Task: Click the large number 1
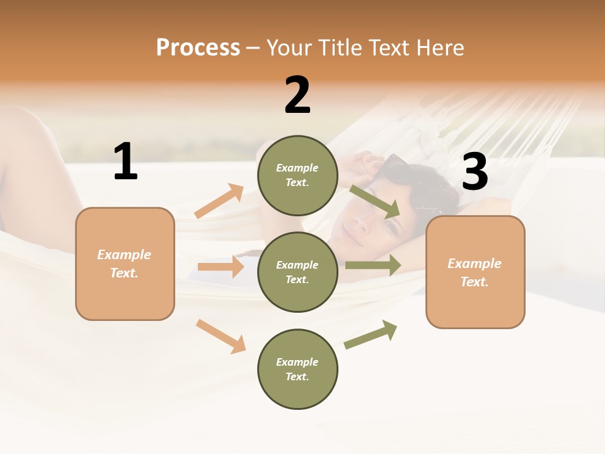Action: [x=125, y=161]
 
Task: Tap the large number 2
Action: [x=297, y=95]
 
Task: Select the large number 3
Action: [x=475, y=172]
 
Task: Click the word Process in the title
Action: [x=198, y=47]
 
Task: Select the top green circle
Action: [x=297, y=175]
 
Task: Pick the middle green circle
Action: [x=297, y=272]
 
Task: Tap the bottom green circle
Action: [x=297, y=369]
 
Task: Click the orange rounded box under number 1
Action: [x=125, y=264]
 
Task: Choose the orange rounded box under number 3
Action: [x=475, y=272]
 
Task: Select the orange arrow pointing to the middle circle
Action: [x=221, y=267]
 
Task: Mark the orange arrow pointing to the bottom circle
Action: [x=221, y=336]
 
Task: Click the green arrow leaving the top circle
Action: [x=375, y=201]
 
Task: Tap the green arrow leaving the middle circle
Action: [x=372, y=265]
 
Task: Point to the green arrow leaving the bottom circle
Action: [x=371, y=334]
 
